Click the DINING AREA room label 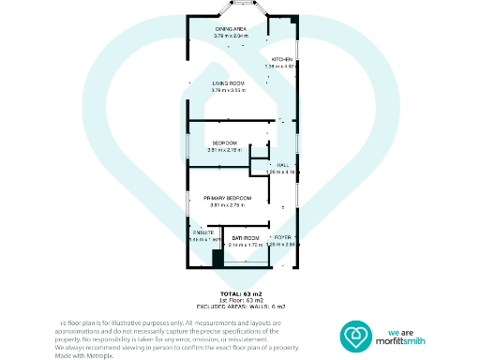click(230, 29)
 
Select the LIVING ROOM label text click(229, 83)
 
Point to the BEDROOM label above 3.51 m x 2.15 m click(223, 142)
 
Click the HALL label click(281, 165)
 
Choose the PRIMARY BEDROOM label click(227, 198)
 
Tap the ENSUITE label click(203, 232)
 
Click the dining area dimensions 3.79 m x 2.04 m click(230, 36)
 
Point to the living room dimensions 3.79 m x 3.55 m click(229, 90)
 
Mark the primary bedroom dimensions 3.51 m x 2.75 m click(227, 205)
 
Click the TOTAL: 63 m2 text click(242, 293)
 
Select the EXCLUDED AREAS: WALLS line click(242, 307)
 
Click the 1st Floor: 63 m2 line click(242, 300)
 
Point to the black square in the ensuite click(217, 259)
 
